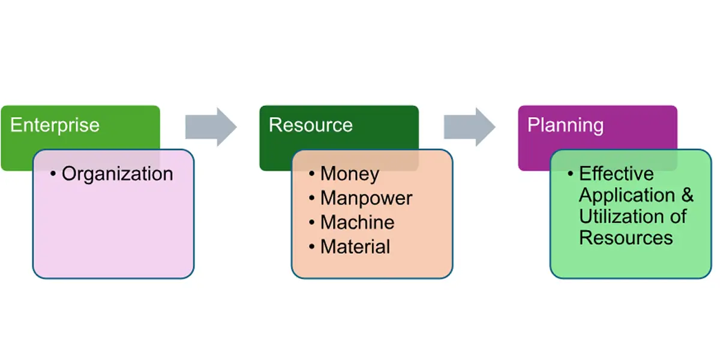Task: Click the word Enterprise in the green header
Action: click(x=55, y=125)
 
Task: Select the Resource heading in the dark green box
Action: click(x=310, y=125)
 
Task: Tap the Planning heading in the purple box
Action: click(x=565, y=125)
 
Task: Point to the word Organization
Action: click(x=117, y=175)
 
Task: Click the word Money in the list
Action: click(x=350, y=174)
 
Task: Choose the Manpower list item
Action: click(x=366, y=198)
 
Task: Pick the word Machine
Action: click(x=357, y=222)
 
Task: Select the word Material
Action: click(x=355, y=246)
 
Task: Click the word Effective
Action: click(x=616, y=174)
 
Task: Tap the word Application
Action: click(x=619, y=196)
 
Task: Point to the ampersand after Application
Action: click(x=688, y=196)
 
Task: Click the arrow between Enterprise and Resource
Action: click(x=211, y=127)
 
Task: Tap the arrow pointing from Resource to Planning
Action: click(x=470, y=127)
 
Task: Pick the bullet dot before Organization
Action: click(x=53, y=175)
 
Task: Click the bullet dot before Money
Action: click(x=312, y=174)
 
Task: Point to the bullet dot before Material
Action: click(x=312, y=246)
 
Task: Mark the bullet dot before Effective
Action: click(x=571, y=174)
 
